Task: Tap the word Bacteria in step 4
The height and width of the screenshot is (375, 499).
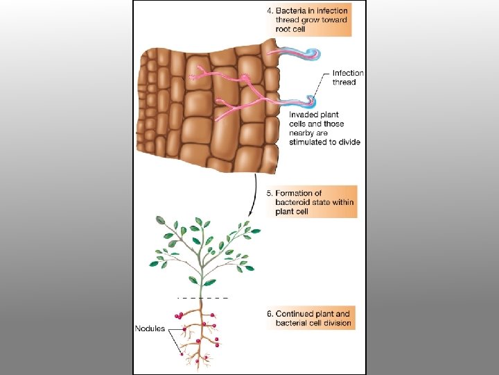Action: [x=292, y=10]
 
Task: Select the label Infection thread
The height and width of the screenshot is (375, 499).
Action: [x=348, y=78]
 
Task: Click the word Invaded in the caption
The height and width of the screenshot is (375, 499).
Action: [x=304, y=114]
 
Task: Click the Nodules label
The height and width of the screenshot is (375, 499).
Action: [x=150, y=328]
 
